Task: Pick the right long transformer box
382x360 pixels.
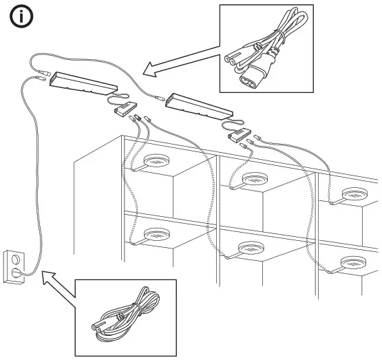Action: [200, 103]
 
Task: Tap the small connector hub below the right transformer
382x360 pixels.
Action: [237, 135]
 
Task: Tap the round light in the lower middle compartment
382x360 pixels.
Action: [252, 250]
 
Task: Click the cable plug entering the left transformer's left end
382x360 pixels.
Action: [45, 77]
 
